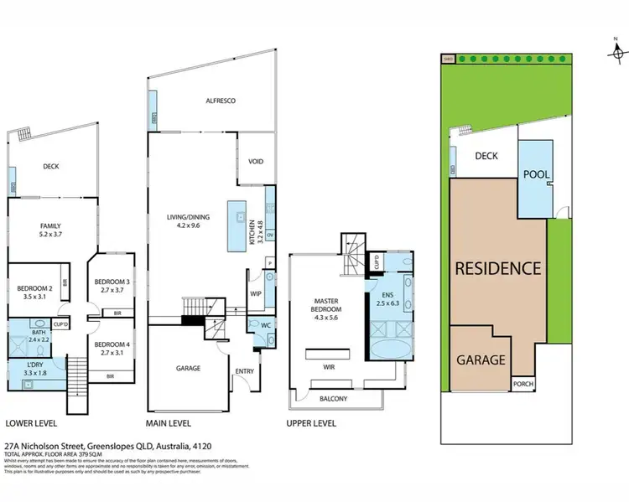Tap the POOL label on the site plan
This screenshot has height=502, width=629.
(x=535, y=174)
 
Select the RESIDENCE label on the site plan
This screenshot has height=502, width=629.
(x=497, y=269)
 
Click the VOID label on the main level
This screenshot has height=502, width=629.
(x=257, y=163)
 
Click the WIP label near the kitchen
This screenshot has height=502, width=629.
(x=257, y=294)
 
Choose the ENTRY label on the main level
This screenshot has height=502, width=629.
(x=245, y=371)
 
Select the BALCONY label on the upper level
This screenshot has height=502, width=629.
(x=333, y=398)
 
